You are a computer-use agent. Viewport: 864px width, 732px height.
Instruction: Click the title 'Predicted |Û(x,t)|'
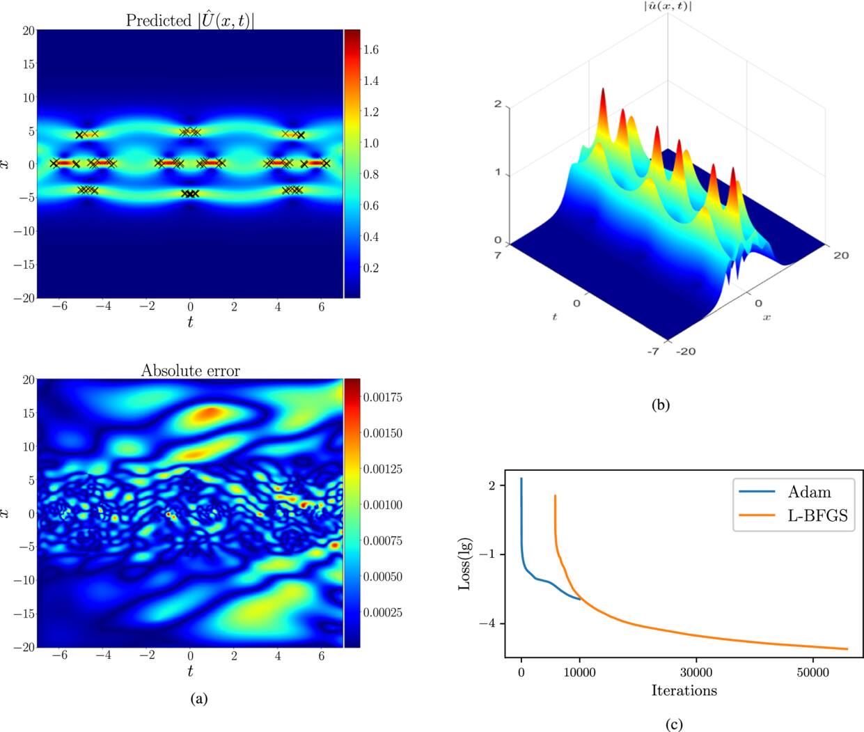(189, 20)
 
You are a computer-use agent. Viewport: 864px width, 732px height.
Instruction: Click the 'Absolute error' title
(190, 371)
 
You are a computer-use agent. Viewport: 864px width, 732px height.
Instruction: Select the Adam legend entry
(809, 492)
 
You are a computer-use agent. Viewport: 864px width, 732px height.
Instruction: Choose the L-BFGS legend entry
(818, 516)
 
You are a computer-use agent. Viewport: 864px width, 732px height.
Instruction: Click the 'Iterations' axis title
(684, 690)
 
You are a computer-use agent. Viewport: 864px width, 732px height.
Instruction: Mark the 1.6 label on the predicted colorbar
(370, 49)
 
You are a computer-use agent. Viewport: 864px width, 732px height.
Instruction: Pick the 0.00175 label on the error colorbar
(383, 397)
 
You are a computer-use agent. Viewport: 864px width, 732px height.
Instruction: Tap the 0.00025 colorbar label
(383, 612)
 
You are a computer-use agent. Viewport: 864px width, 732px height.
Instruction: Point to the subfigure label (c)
(673, 725)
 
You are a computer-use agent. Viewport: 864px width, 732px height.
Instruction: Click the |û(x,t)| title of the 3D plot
(667, 7)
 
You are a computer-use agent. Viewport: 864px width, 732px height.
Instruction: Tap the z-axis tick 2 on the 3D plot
(498, 104)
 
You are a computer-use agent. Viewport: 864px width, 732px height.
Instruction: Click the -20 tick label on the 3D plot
(686, 352)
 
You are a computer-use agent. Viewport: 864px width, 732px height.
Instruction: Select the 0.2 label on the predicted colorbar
(370, 268)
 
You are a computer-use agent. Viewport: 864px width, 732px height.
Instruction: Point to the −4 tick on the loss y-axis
(487, 623)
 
